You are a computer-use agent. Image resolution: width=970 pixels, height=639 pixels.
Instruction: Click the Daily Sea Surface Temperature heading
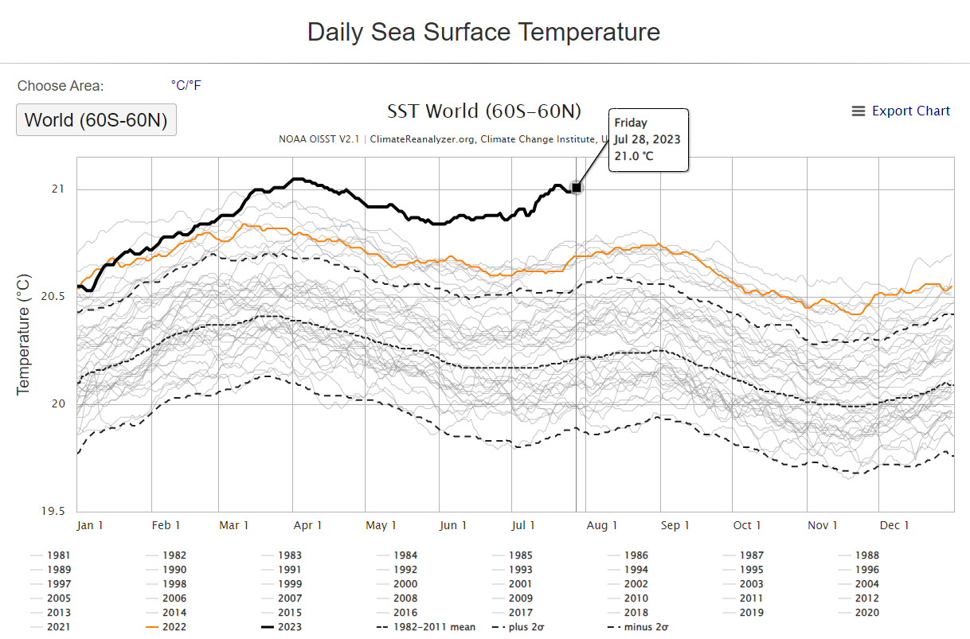(x=483, y=33)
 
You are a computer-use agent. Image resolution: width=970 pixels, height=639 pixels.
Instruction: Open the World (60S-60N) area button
(x=96, y=121)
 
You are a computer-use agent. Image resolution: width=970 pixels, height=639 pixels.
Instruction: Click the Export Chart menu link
(x=902, y=111)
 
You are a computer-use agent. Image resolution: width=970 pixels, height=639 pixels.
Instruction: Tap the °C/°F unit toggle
(x=186, y=85)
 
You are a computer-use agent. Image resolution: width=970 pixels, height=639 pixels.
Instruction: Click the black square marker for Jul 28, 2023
(x=577, y=187)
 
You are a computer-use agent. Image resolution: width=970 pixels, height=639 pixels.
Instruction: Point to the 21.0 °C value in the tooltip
(x=634, y=155)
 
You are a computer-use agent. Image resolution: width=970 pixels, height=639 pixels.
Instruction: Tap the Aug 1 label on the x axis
(x=602, y=525)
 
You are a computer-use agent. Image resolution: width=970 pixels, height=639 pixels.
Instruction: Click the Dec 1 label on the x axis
(x=894, y=525)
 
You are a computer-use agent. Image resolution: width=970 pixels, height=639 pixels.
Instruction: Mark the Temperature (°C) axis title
(x=23, y=334)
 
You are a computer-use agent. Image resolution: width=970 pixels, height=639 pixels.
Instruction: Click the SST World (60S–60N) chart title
(x=484, y=111)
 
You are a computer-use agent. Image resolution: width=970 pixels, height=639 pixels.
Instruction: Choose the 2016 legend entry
(x=405, y=613)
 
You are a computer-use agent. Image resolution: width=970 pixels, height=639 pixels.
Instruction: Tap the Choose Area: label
(x=61, y=86)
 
